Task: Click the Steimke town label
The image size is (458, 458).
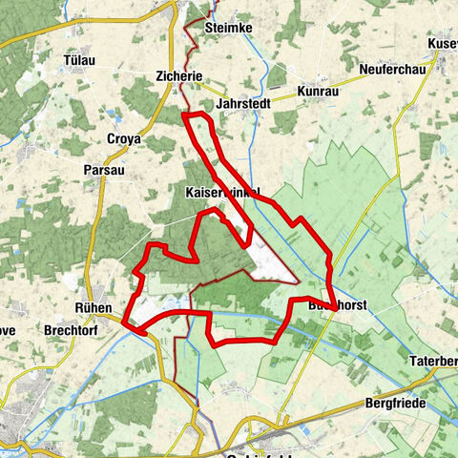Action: coord(228,29)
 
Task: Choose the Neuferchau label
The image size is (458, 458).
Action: coord(391,70)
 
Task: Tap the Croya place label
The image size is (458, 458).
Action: coord(124,137)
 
